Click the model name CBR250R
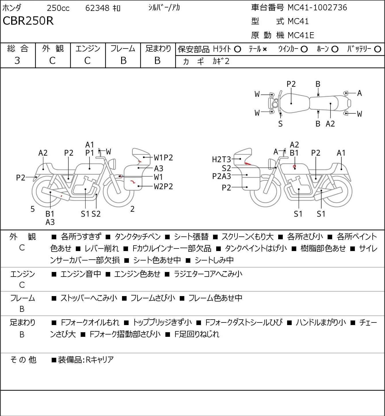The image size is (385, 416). point(28,21)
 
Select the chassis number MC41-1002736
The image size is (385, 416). point(317,7)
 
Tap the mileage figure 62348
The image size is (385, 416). point(97,8)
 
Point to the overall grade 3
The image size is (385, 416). point(17,61)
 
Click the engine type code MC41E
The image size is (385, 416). point(301,35)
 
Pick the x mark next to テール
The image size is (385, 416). point(265,49)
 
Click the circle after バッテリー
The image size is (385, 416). point(378,49)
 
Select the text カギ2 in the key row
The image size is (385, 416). point(221,61)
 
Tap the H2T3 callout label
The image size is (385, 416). point(221,160)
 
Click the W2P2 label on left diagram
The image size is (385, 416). point(163,186)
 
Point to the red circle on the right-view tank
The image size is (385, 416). point(294,166)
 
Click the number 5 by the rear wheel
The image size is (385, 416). point(32,209)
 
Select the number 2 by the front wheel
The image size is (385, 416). point(132,209)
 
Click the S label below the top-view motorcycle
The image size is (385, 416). point(280,124)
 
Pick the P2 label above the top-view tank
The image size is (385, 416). point(291,84)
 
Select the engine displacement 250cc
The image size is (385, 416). point(58,8)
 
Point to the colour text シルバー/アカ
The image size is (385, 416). point(164,7)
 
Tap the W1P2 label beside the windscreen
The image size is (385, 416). point(163,158)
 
